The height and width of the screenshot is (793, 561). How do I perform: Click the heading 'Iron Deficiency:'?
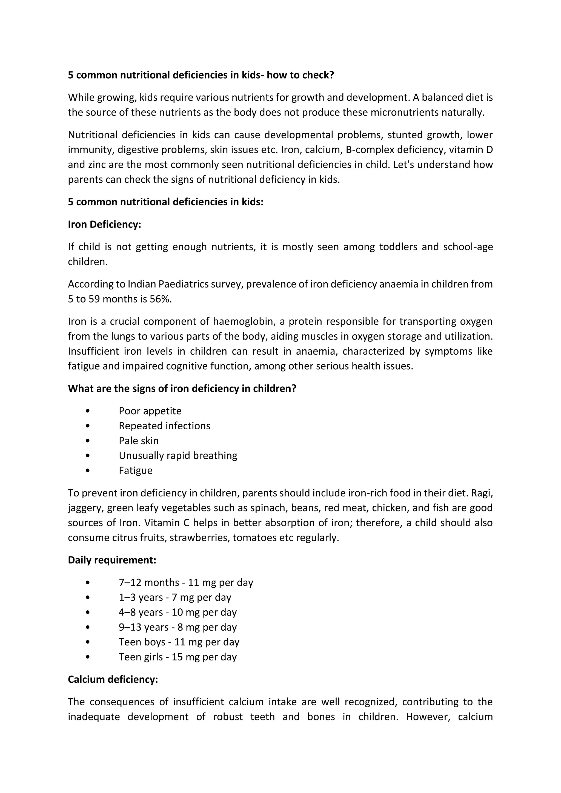[104, 225]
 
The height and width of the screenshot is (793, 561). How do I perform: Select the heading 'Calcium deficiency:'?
[113, 679]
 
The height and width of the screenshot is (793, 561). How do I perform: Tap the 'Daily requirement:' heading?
[112, 560]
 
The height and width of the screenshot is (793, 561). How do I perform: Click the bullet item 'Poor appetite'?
[150, 411]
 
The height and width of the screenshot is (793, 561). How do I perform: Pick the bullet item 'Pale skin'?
[139, 441]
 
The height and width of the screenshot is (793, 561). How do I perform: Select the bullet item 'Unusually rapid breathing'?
[178, 456]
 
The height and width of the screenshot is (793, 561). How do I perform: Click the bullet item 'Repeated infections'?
[164, 426]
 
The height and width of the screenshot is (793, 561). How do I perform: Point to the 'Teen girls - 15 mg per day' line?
[178, 657]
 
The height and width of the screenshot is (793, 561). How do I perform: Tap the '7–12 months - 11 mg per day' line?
[186, 582]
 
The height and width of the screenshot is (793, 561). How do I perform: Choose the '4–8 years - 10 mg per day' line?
[178, 612]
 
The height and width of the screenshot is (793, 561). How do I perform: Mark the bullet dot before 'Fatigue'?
[88, 470]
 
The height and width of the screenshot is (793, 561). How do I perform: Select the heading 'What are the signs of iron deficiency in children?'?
[182, 389]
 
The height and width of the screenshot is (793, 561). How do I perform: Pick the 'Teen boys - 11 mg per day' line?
[179, 642]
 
